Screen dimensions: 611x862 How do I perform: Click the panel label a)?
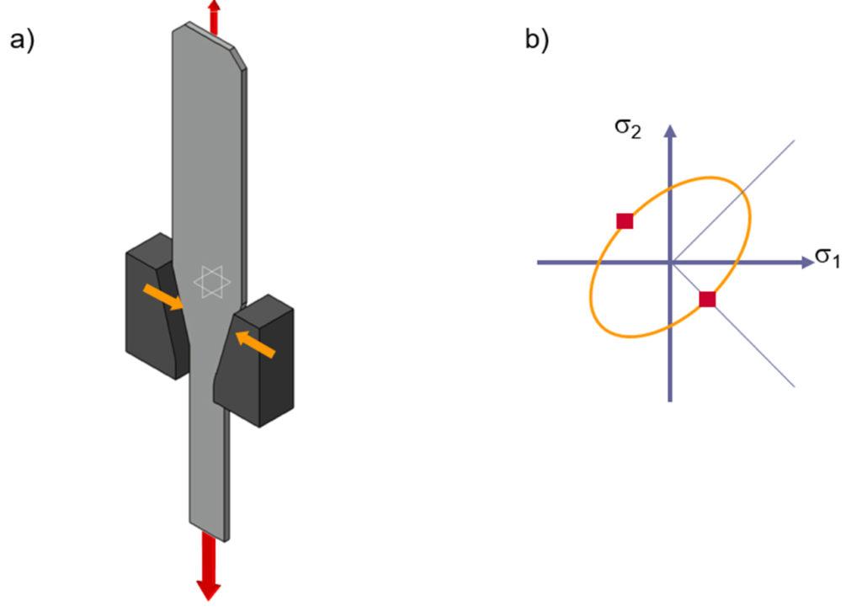(x=22, y=40)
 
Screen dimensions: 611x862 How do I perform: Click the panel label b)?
(x=537, y=40)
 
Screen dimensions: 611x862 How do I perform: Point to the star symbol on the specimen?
(x=210, y=281)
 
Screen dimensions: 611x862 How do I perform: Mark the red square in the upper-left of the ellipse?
(x=625, y=221)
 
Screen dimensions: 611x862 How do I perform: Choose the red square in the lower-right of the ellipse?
(x=707, y=299)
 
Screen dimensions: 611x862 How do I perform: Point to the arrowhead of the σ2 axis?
(x=670, y=131)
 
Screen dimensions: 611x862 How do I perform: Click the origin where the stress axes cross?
(x=670, y=263)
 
